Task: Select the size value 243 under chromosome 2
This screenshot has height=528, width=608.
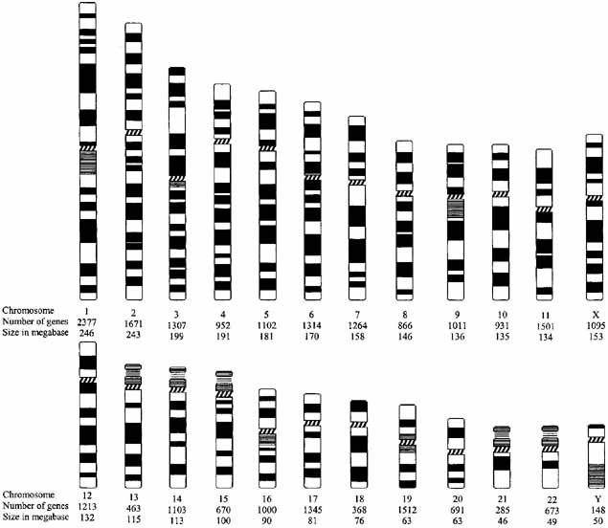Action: [134, 334]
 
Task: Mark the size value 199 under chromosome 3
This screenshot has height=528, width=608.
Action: [177, 334]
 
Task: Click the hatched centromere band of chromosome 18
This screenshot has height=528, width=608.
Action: [359, 423]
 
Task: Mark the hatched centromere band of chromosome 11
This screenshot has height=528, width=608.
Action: [544, 207]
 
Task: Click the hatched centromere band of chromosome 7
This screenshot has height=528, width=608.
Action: [356, 182]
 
